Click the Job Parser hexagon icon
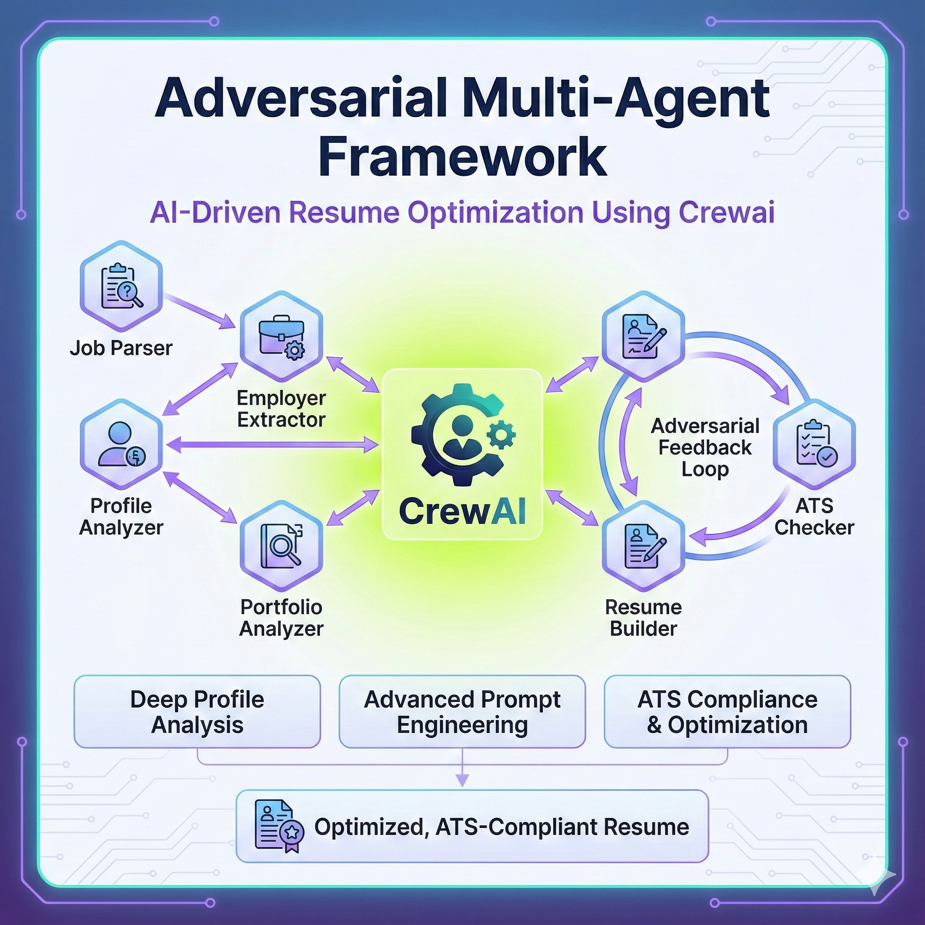coord(121,286)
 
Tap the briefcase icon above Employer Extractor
coord(281,336)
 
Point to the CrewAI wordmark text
coord(462,511)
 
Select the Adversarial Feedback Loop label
coord(705,447)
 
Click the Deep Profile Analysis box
coord(197,711)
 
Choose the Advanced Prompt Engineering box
coord(462,711)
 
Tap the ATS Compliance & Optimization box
coord(727,711)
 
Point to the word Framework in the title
coord(462,157)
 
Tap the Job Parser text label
coord(121,348)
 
